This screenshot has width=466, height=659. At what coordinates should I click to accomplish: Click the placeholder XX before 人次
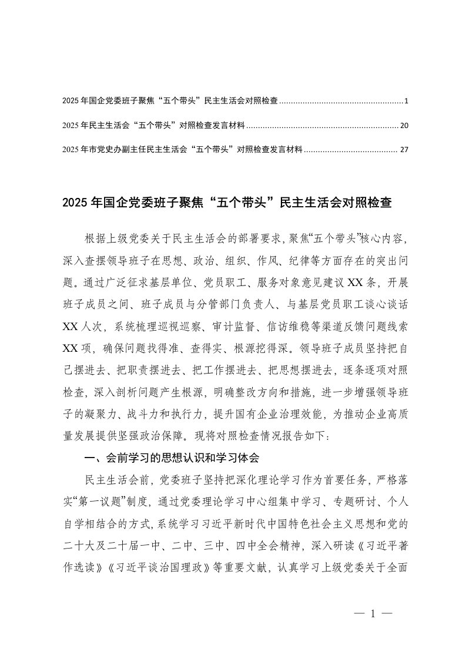(x=72, y=325)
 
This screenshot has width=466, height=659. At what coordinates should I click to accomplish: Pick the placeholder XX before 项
(x=72, y=347)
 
